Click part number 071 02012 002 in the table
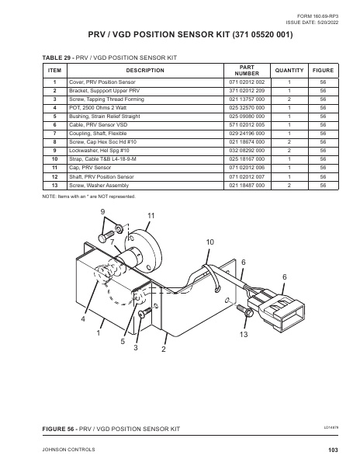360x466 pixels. (x=247, y=81)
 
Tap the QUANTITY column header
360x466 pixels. (x=289, y=70)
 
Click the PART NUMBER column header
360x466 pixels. (x=247, y=70)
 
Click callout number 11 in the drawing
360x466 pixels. (x=151, y=214)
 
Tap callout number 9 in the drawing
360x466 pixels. (x=102, y=213)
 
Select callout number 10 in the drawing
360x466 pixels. (x=210, y=243)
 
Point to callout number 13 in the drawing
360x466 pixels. (x=244, y=333)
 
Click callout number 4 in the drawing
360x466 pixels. (x=82, y=319)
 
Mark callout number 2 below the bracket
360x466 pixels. (x=164, y=349)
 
